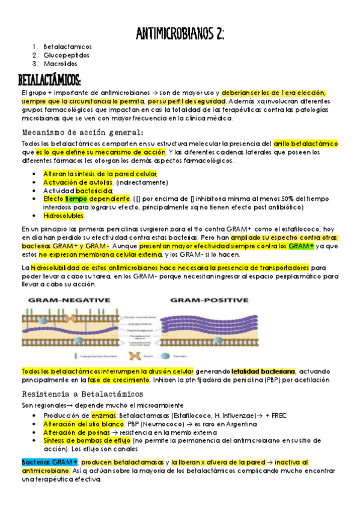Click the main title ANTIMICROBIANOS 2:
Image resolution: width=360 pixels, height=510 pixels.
tap(180, 33)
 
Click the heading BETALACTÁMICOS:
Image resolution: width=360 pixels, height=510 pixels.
tap(50, 79)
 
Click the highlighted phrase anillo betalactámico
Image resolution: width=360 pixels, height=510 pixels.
tap(306, 144)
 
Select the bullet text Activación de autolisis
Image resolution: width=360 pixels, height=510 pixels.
tap(79, 182)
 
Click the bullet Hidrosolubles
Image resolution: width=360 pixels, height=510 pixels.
tap(64, 215)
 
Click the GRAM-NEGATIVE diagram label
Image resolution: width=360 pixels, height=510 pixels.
tap(67, 300)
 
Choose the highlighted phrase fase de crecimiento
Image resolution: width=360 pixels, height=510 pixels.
tap(119, 380)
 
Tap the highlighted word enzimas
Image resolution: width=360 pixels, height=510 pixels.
tap(103, 415)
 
